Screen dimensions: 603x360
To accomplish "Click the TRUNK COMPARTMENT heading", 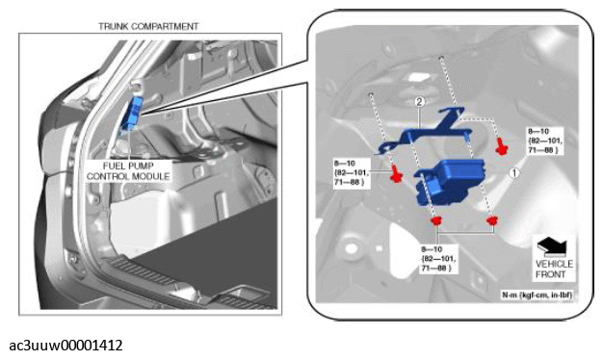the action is click(x=148, y=26).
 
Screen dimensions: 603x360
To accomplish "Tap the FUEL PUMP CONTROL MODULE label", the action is click(x=128, y=171).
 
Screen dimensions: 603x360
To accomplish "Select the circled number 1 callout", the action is click(x=514, y=173).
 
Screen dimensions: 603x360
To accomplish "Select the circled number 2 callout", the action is click(x=420, y=102).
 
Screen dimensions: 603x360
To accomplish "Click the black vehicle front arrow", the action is click(x=552, y=246).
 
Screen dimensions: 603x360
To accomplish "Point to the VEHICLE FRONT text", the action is click(x=554, y=269).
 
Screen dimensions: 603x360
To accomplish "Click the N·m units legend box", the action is click(x=537, y=296).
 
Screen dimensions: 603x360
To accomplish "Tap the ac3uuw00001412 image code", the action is click(x=66, y=345).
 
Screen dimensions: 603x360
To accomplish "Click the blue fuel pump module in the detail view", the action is click(x=450, y=181).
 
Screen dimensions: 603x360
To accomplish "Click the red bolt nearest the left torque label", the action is click(x=396, y=174).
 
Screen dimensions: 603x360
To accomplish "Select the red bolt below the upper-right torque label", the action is click(x=501, y=146).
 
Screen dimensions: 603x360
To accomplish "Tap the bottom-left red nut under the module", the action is click(x=436, y=221).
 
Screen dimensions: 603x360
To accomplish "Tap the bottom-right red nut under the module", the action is click(x=492, y=220).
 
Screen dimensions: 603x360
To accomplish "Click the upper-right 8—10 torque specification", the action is click(x=544, y=141).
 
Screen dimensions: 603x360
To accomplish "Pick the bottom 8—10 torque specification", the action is click(x=438, y=259).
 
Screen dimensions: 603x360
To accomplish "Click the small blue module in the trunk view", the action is click(x=132, y=114).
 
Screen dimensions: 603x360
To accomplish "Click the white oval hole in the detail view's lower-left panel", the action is click(x=351, y=248).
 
